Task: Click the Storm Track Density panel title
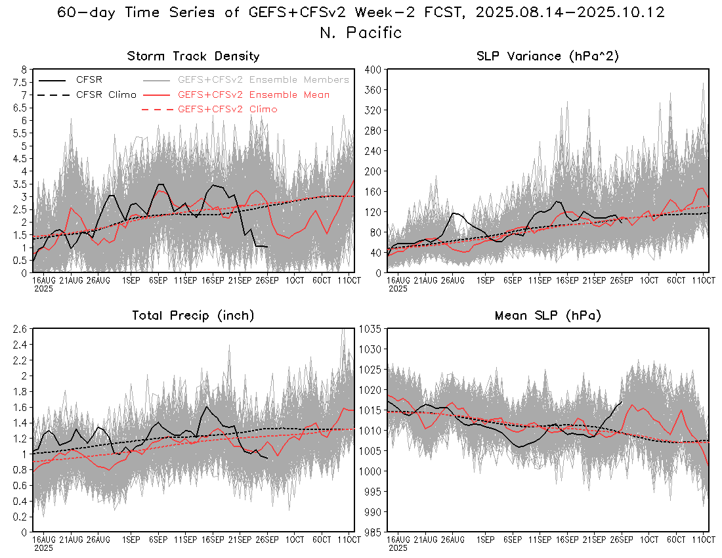tap(193, 56)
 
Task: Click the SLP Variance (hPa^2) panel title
tap(548, 56)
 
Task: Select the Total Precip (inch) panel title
tap(193, 316)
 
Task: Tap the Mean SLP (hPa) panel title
tap(548, 316)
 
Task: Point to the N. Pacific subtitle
tap(360, 32)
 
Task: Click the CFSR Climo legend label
tap(106, 95)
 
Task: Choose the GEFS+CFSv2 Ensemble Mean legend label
tap(253, 95)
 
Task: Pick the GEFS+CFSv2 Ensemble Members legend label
tap(263, 79)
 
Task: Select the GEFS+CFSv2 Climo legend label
tap(227, 109)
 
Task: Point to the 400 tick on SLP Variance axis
tap(374, 69)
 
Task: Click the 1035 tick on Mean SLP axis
tap(372, 329)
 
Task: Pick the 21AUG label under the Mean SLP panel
tap(425, 540)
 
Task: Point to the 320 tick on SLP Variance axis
tap(374, 110)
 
